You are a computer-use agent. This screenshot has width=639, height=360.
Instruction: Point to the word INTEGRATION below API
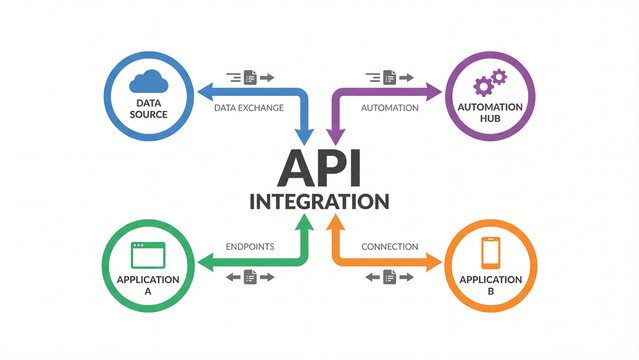(319, 201)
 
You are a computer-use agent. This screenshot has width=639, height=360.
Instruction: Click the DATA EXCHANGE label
(249, 107)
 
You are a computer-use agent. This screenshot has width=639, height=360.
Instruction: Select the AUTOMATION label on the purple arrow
(389, 107)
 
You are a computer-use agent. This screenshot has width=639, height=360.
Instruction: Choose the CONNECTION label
(389, 246)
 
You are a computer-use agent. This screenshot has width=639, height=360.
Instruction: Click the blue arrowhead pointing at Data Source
(203, 92)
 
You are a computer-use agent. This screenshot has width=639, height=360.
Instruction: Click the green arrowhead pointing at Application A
(203, 262)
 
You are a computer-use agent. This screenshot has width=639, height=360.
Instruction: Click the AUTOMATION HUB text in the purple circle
(490, 113)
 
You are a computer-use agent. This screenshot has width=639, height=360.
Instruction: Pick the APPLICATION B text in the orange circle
(490, 285)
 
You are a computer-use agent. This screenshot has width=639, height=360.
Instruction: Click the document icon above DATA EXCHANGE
(250, 76)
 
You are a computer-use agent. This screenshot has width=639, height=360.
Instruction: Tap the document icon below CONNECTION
(390, 277)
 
